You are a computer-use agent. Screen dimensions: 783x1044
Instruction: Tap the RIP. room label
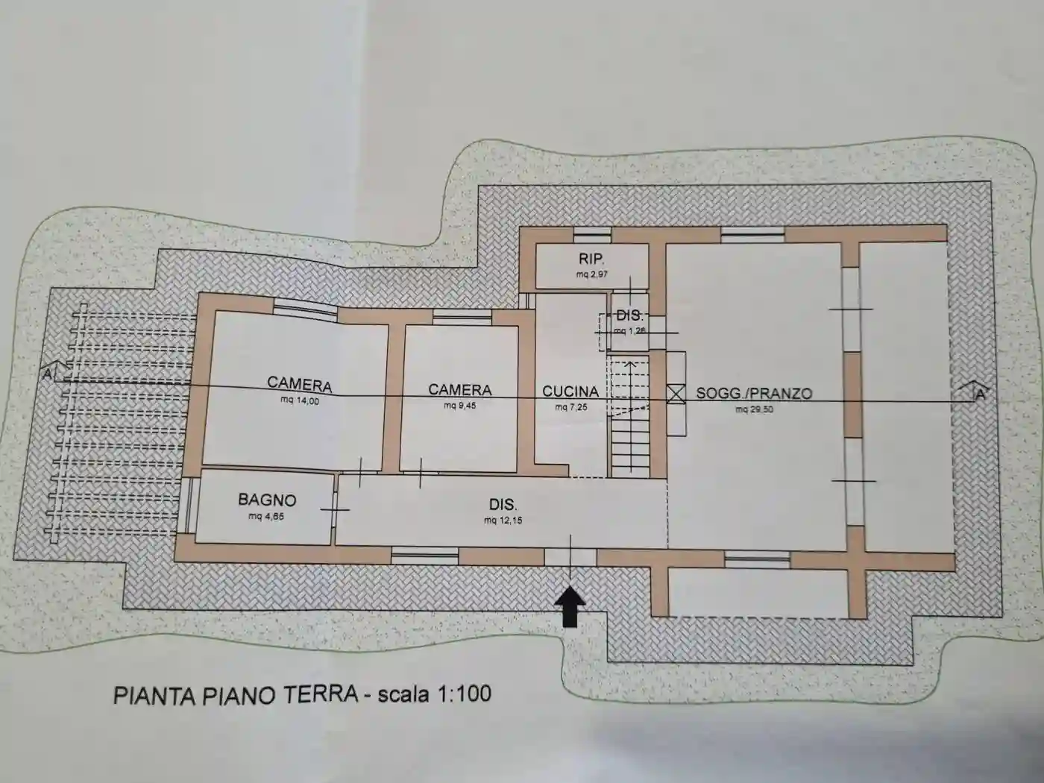click(591, 260)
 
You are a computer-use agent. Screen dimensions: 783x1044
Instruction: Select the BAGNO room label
click(267, 500)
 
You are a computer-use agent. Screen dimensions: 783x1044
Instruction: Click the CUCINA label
click(570, 391)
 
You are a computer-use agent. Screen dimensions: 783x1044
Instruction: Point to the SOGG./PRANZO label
click(754, 393)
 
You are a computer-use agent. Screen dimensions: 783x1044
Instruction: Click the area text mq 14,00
click(298, 401)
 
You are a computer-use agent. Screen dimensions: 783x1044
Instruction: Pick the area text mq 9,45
click(459, 406)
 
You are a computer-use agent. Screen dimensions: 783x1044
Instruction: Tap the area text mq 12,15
click(503, 521)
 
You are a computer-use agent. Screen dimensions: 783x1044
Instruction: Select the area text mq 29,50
click(754, 409)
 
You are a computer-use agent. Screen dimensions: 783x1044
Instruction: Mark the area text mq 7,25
click(570, 407)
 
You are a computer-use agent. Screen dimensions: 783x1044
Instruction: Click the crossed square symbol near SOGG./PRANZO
click(676, 393)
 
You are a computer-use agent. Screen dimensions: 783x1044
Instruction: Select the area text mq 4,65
click(266, 516)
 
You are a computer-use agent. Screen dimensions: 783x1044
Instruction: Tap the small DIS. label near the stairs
click(629, 315)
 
